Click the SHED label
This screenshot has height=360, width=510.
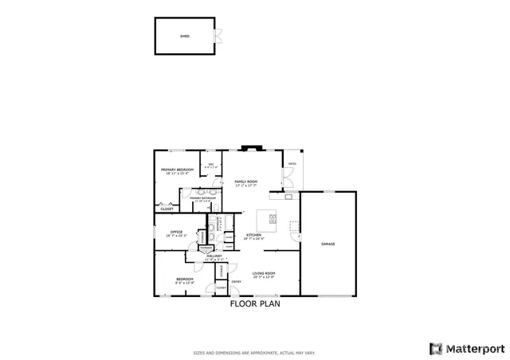[184, 36]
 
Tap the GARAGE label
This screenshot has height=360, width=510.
[328, 244]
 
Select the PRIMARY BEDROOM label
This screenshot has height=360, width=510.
[177, 170]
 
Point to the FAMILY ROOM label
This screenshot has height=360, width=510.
[245, 182]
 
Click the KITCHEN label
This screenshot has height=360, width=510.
[254, 235]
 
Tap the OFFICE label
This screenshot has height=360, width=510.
[175, 233]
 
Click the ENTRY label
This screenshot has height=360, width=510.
[236, 282]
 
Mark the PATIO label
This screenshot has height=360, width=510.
[292, 164]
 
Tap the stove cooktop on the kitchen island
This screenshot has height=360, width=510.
[273, 218]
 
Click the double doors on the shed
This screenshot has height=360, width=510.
[216, 36]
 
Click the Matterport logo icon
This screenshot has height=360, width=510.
[435, 348]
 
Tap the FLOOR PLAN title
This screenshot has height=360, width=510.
[255, 303]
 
